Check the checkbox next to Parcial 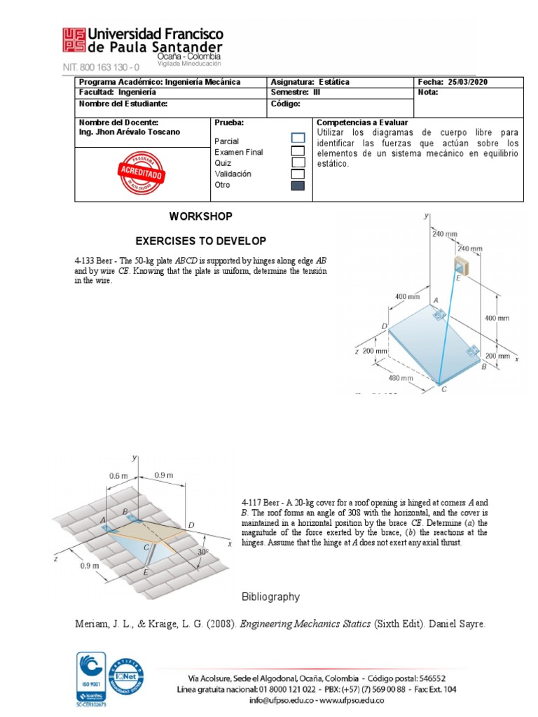pos(298,138)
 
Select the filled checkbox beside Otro pos(298,185)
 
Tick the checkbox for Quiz pos(298,162)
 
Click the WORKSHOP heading pos(200,216)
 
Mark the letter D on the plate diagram pos(385,326)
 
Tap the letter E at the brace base pos(145,573)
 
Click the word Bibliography pos(270,597)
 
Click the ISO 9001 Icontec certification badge pos(90,677)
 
